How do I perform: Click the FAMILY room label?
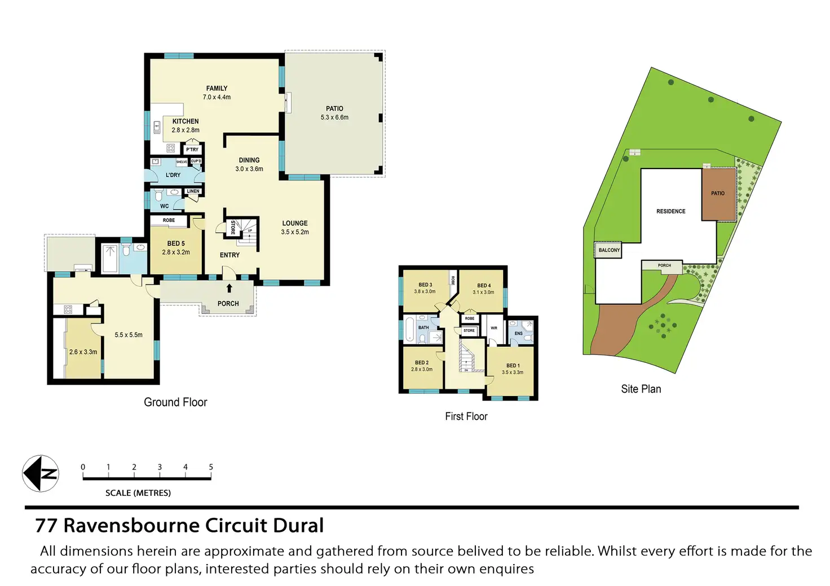click(x=217, y=88)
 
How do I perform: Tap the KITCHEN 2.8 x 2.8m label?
click(x=186, y=126)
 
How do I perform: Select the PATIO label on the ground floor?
click(x=334, y=109)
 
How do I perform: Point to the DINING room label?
click(x=249, y=161)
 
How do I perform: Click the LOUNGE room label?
click(x=295, y=224)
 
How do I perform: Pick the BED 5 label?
click(x=176, y=244)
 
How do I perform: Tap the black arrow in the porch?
click(x=229, y=288)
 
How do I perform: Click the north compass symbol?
click(x=41, y=473)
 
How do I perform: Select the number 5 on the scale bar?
click(x=211, y=467)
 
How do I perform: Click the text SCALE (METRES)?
click(x=138, y=493)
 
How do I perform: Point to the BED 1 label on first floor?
click(x=513, y=366)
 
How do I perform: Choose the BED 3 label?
click(x=425, y=285)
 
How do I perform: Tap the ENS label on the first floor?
click(x=519, y=334)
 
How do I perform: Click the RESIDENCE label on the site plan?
click(x=671, y=211)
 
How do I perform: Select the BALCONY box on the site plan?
click(x=609, y=250)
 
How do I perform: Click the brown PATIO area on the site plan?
click(x=718, y=194)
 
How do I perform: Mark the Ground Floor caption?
click(x=175, y=402)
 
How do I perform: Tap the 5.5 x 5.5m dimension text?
click(x=129, y=335)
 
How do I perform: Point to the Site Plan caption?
click(x=641, y=389)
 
